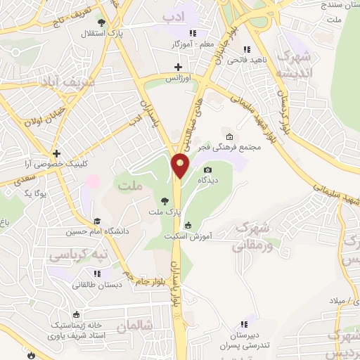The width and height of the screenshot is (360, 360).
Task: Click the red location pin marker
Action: pos(181,167)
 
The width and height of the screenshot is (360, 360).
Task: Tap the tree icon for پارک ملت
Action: pos(165,200)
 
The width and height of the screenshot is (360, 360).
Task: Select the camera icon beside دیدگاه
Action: pos(207,170)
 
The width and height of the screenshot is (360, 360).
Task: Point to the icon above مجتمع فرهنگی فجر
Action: pos(229,137)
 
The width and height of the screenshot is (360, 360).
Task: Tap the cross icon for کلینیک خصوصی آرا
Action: pos(55,153)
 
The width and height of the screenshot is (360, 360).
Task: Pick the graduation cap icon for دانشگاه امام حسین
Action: pos(96,221)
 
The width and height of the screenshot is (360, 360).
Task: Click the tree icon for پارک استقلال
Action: pos(102,22)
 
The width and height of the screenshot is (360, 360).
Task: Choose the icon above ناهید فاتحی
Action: pos(246,49)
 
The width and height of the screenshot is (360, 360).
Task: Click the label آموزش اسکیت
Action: pos(188,237)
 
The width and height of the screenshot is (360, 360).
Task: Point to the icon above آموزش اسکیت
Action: pos(188,226)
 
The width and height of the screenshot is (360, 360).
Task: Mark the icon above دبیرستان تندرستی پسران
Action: pos(243,324)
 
